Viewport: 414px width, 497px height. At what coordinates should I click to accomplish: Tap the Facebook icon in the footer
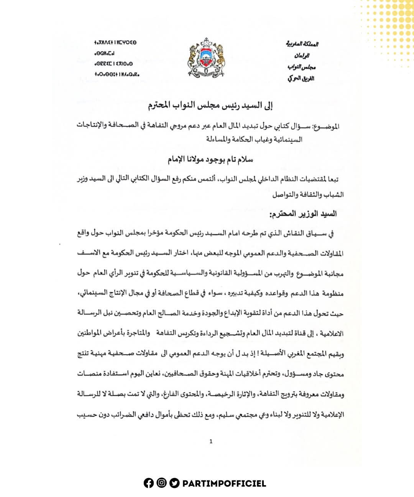(x=149, y=483)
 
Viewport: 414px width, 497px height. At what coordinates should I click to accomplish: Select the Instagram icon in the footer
(x=161, y=483)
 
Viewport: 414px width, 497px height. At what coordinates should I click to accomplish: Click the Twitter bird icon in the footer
(x=174, y=483)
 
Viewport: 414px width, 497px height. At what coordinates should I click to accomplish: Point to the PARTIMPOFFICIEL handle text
(x=224, y=484)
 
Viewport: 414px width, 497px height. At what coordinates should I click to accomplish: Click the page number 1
(x=211, y=441)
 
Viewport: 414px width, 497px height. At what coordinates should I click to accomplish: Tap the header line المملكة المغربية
(x=302, y=44)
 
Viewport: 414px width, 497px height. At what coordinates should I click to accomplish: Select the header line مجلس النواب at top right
(x=302, y=67)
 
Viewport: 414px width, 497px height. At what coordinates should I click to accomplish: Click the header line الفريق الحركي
(x=301, y=79)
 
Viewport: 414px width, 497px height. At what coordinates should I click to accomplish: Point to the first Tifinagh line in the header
(x=115, y=43)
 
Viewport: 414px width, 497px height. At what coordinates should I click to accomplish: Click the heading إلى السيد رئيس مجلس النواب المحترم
(x=210, y=106)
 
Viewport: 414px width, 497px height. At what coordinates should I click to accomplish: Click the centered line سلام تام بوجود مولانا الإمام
(x=210, y=159)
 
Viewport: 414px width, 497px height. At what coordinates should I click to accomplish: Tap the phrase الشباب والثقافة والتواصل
(x=308, y=195)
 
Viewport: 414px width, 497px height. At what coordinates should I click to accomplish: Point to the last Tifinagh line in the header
(x=117, y=74)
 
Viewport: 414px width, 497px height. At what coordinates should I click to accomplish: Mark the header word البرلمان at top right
(x=302, y=55)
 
